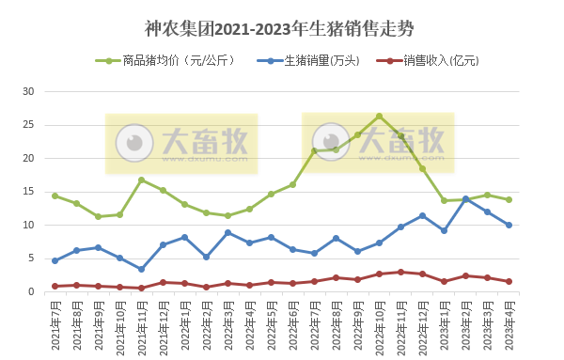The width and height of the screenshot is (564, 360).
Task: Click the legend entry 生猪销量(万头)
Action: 316,61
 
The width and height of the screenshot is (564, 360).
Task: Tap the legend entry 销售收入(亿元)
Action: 435,61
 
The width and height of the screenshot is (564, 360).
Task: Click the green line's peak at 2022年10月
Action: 379,116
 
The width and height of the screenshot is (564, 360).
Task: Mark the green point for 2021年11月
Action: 141,180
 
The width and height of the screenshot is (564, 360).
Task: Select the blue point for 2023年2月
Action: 465,198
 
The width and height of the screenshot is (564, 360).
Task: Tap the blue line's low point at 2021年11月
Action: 141,269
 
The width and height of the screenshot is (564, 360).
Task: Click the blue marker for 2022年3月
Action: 227,232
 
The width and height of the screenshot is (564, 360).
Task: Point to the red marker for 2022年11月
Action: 400,272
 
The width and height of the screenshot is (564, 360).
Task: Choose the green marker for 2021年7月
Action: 55,196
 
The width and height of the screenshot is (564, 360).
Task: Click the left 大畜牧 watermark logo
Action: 181,144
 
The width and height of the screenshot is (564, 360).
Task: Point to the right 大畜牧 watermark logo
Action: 378,143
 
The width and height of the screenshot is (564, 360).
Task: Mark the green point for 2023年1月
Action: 444,200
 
